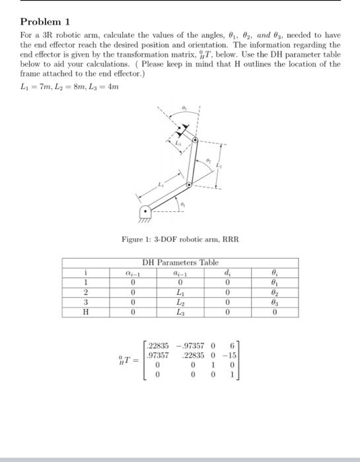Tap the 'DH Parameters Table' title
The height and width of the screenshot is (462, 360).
coord(180,263)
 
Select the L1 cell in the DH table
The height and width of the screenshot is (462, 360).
coord(178,290)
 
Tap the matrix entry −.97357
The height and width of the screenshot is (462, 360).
coord(190,345)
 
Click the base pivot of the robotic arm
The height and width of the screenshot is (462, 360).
coord(145,213)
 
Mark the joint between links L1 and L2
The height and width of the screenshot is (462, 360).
coord(189,185)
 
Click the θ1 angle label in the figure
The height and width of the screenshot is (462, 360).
coord(183,206)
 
